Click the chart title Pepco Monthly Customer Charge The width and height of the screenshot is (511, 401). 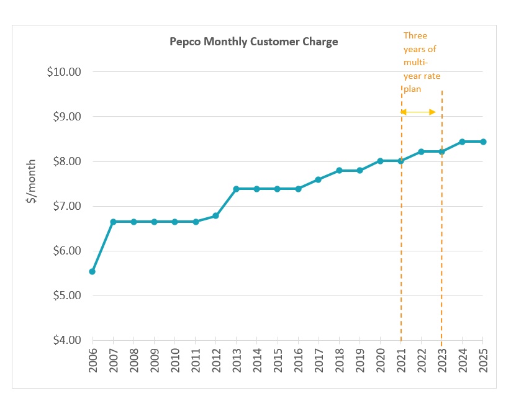(254, 42)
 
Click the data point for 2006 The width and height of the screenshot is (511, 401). (93, 271)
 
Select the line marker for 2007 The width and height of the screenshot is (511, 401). (113, 222)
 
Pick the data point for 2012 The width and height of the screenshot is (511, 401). (215, 215)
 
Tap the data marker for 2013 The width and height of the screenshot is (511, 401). (236, 189)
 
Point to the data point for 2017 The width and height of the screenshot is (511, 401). (318, 179)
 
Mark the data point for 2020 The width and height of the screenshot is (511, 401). (380, 161)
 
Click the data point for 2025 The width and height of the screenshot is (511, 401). (482, 142)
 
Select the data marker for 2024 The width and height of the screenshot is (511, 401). (462, 142)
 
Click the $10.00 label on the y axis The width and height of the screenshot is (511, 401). (64, 71)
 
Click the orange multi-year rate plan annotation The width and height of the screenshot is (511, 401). (422, 62)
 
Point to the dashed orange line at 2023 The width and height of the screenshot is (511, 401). (441, 248)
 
